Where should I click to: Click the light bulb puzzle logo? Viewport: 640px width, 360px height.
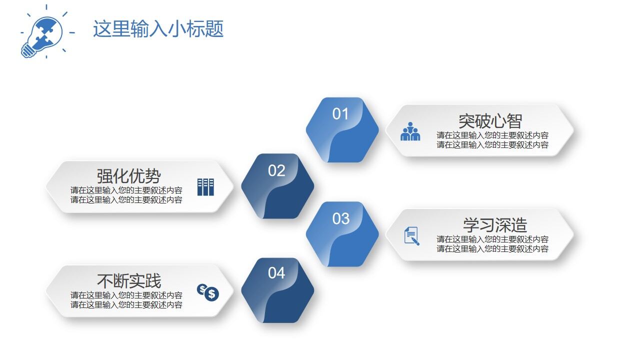point(43,33)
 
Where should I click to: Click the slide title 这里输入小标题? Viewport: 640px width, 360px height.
point(158,29)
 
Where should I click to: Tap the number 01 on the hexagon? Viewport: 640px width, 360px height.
point(340,114)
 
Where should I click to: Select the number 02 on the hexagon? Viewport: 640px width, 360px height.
point(276,170)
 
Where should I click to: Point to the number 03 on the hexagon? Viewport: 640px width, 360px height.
point(341,218)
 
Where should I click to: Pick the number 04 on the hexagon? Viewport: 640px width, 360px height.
point(276,273)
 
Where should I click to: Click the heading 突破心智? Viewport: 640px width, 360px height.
point(490,121)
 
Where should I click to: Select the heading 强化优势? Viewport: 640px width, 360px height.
point(129,176)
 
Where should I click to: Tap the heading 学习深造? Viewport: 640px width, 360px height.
point(494,225)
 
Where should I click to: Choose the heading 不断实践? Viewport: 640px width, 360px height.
point(129,281)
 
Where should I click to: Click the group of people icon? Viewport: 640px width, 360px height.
point(410,131)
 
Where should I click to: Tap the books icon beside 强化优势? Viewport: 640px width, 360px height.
point(205,187)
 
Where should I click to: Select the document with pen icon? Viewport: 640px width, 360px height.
point(411,236)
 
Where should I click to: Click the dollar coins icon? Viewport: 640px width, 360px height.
point(208,292)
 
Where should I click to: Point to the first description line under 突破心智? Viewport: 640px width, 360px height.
point(492,135)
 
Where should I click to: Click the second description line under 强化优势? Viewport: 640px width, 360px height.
point(126,200)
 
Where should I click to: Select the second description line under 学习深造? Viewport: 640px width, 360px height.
point(492,249)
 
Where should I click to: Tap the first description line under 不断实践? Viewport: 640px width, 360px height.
point(126,295)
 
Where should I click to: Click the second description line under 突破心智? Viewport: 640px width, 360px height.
point(492,145)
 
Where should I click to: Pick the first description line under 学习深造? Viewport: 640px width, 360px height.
point(492,239)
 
